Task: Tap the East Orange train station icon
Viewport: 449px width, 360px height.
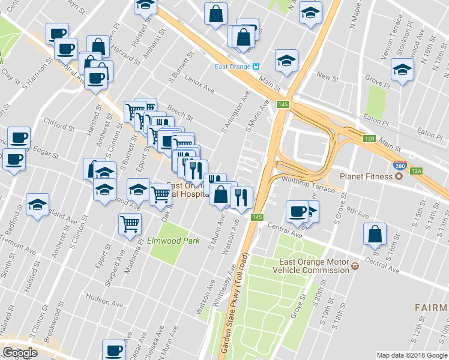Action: (x=255, y=67)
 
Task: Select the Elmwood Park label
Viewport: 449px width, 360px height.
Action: (x=173, y=241)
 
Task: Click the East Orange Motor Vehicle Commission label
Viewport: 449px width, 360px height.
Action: (x=314, y=266)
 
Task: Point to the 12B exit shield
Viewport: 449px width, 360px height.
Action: (x=369, y=139)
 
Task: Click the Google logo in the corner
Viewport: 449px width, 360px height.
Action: (x=20, y=353)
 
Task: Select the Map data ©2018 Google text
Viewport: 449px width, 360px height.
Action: (x=412, y=355)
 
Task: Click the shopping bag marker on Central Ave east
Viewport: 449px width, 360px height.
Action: (x=375, y=235)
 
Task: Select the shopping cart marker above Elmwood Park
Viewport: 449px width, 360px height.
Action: (x=130, y=224)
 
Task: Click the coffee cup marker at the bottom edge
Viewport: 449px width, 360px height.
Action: (x=113, y=350)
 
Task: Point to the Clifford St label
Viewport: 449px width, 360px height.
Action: (x=58, y=124)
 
